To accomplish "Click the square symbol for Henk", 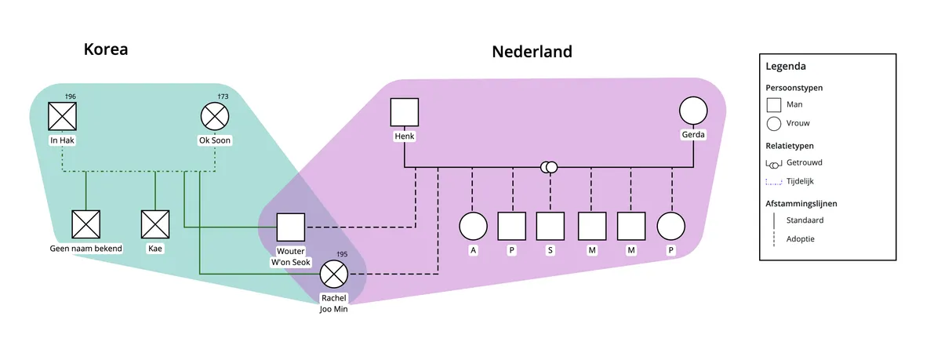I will click(405, 112).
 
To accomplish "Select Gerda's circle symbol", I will click(693, 111).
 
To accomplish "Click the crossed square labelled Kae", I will click(154, 224).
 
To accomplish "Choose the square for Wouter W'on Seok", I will click(291, 227).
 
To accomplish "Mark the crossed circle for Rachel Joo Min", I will click(334, 275).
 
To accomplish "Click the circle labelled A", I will click(473, 227).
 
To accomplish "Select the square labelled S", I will click(550, 227).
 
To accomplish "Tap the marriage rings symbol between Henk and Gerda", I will click(549, 167).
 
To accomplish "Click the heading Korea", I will click(106, 49).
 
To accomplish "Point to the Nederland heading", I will click(532, 52).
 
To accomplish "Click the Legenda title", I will click(785, 67).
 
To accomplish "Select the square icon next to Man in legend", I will click(773, 104).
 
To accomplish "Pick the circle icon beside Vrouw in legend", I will click(773, 123).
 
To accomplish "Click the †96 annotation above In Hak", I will click(71, 96).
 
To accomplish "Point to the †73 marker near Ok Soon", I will click(222, 96).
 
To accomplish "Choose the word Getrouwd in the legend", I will click(805, 162).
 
